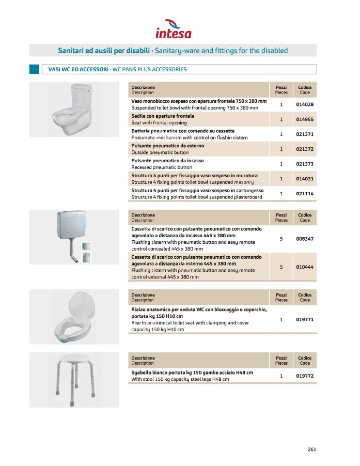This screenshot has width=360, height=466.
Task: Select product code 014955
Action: [x=305, y=119]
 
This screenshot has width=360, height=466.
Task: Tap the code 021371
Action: [x=305, y=134]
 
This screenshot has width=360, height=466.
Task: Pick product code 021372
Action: [x=305, y=149]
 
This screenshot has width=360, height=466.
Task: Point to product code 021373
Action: [x=305, y=164]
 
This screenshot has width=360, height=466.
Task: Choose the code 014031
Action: [x=305, y=179]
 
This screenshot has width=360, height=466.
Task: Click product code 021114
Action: [x=305, y=194]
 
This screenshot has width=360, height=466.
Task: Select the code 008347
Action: [x=305, y=239]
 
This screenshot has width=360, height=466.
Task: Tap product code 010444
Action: [x=305, y=267]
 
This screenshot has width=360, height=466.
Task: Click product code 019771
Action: [x=305, y=320]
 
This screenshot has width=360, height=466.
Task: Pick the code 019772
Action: [x=305, y=376]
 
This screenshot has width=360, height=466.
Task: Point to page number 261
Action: [x=311, y=449]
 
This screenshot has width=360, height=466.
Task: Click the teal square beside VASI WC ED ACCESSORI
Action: [x=34, y=69]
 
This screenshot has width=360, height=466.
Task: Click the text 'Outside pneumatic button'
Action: [x=160, y=153]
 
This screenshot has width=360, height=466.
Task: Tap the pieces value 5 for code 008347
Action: [x=281, y=239]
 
